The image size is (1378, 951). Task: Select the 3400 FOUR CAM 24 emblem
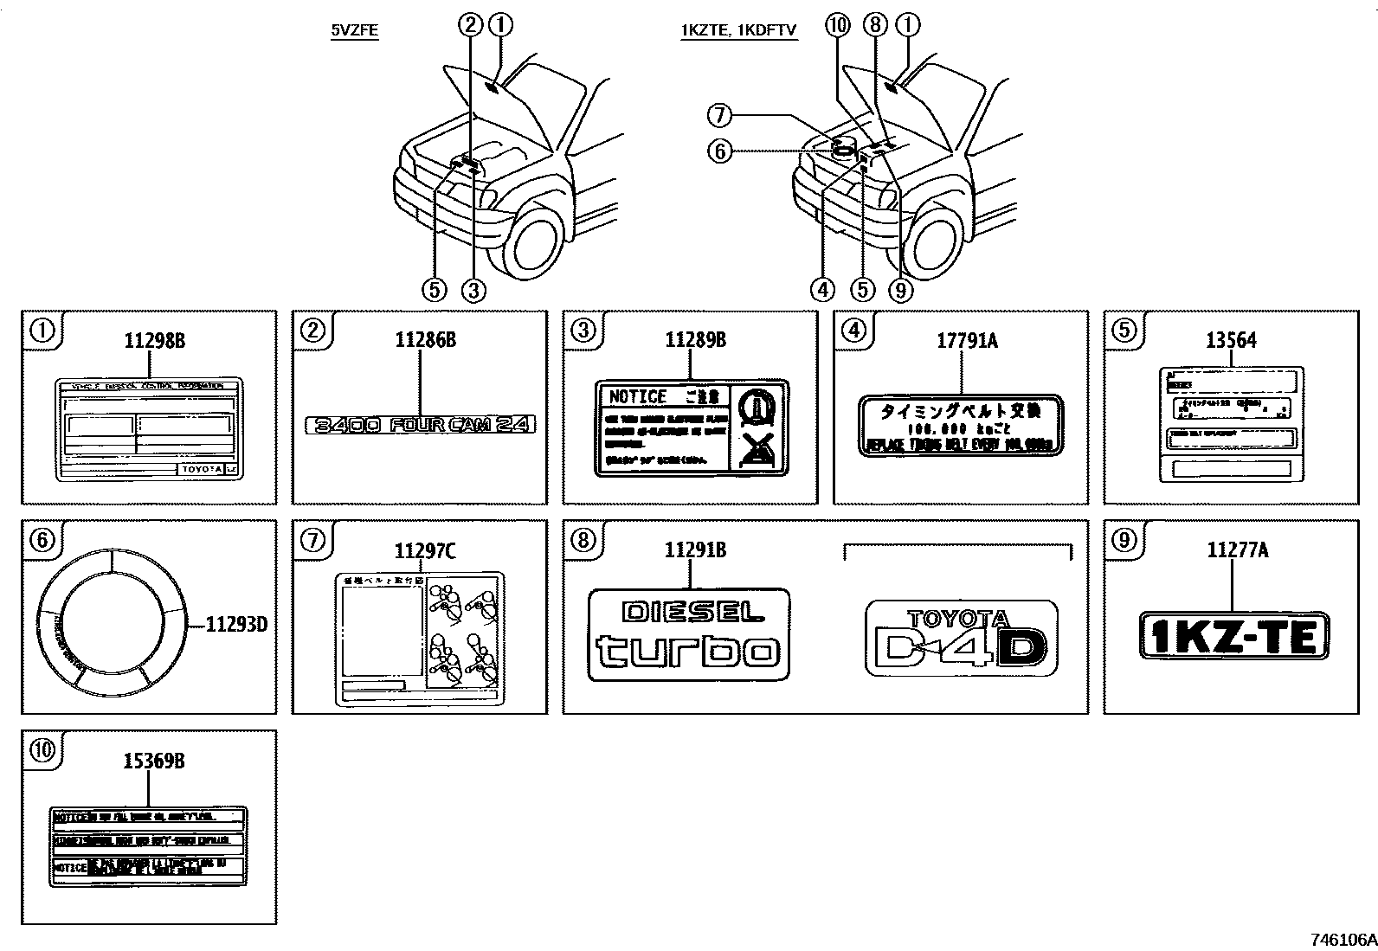(x=421, y=424)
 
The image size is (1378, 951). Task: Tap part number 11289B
(x=695, y=340)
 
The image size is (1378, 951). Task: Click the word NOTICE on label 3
(x=638, y=397)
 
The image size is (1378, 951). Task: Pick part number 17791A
(x=966, y=340)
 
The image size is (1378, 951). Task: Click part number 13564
(x=1231, y=340)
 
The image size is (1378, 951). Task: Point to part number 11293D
(x=236, y=623)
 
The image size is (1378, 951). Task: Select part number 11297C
(x=425, y=549)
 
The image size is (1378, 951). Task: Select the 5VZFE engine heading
(x=355, y=31)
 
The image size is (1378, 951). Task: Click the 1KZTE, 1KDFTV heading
(x=738, y=31)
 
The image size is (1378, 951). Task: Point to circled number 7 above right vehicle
(x=720, y=114)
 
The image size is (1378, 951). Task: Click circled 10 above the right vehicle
(x=838, y=25)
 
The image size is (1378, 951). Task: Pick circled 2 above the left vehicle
(x=471, y=25)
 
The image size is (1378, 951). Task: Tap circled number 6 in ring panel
(x=42, y=539)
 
